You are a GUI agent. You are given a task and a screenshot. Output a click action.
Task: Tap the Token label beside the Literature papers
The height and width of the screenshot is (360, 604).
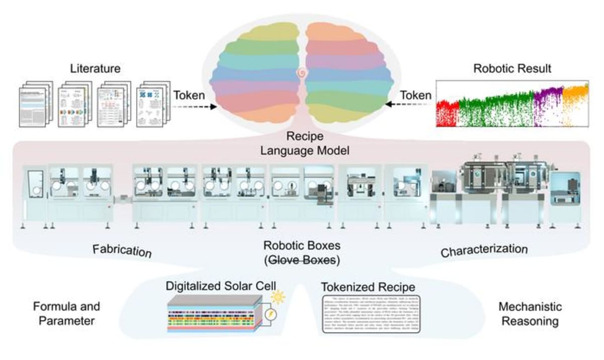(189, 95)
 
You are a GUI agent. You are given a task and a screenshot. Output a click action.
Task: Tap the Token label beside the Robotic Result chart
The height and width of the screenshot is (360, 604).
(415, 95)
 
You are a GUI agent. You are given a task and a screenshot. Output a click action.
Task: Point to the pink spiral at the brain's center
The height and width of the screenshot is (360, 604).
(301, 74)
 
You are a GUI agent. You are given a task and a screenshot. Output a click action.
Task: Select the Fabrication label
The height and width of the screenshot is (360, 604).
(122, 250)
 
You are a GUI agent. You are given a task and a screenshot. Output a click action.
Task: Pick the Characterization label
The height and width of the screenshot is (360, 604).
(484, 250)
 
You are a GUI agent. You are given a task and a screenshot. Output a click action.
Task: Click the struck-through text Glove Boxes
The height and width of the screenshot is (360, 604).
(302, 261)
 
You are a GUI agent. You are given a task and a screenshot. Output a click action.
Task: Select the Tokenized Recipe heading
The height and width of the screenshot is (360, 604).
(368, 287)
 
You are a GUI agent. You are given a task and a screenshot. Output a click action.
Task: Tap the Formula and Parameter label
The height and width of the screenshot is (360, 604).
(66, 313)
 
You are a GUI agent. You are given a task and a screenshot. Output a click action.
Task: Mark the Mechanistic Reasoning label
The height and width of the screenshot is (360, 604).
(530, 313)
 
